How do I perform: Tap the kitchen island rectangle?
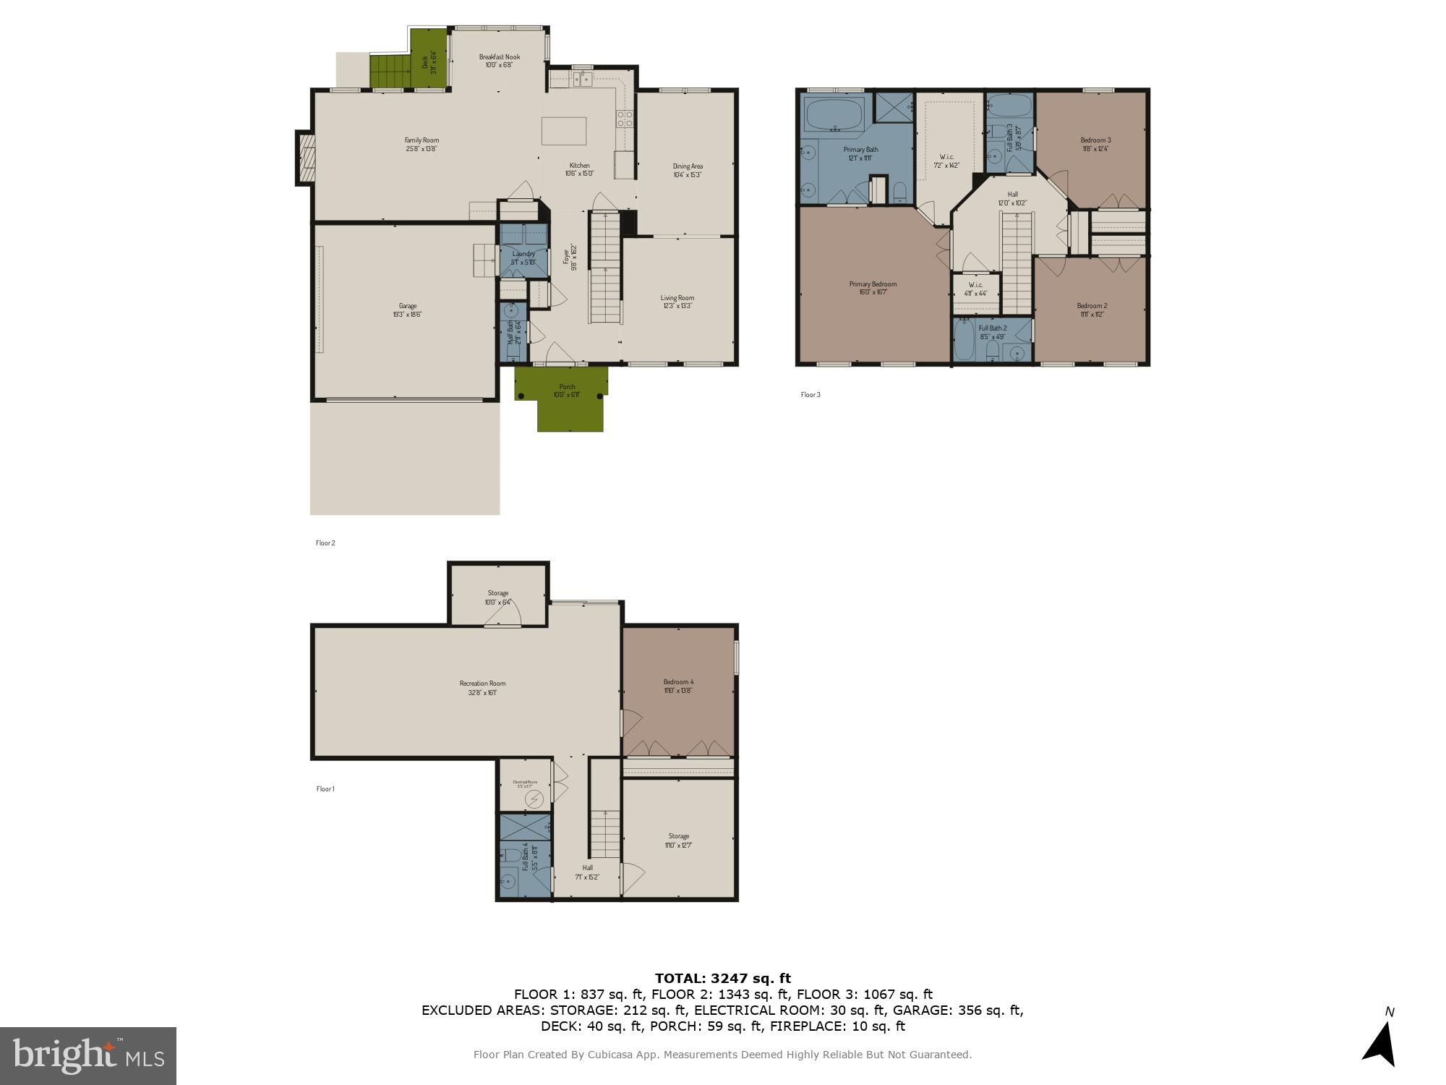pos(564,131)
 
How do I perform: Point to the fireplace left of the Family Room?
pos(304,158)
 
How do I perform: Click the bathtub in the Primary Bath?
pos(834,114)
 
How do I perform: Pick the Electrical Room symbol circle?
pos(534,799)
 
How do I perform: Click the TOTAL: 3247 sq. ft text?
pos(722,979)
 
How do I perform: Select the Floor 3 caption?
pos(810,395)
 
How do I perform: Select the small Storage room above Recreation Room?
pos(497,597)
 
